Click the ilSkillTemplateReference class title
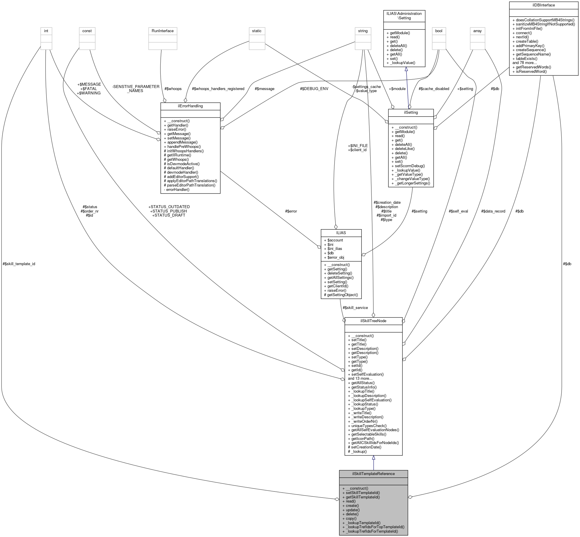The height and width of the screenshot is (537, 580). (373, 474)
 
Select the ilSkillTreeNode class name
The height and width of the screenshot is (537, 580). (373, 321)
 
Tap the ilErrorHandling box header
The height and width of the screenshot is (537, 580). (190, 106)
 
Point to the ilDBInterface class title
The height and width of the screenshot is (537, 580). (543, 5)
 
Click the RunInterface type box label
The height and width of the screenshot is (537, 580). (162, 31)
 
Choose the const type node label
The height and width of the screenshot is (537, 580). (87, 31)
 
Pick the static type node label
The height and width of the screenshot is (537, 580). (257, 31)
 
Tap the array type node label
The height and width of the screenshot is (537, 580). (477, 31)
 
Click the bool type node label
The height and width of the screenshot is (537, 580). (439, 31)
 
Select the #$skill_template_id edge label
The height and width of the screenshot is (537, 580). (19, 264)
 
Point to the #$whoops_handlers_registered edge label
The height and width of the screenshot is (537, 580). (218, 89)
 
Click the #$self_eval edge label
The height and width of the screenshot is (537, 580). (458, 211)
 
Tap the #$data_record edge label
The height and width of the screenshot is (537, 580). (493, 211)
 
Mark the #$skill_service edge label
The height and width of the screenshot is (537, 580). (355, 308)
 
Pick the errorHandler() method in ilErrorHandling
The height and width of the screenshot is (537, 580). (178, 189)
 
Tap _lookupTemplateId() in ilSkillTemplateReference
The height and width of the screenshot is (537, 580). (363, 523)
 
